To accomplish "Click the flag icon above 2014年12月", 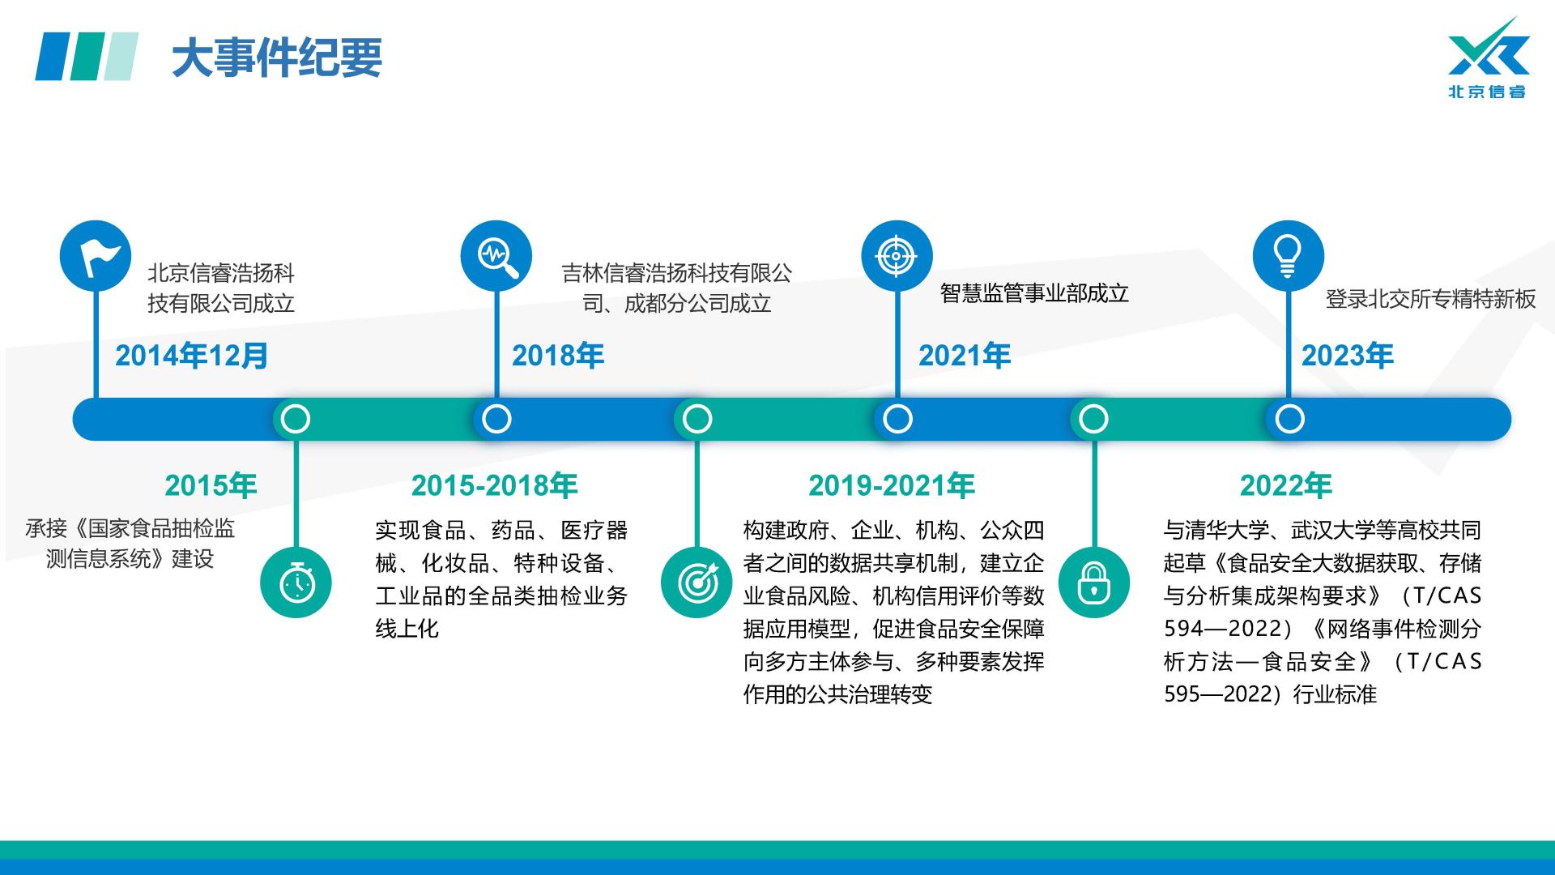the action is (96, 256).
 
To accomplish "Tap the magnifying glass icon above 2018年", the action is (496, 256).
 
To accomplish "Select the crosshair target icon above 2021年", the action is (897, 256).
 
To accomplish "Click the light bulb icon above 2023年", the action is (1289, 256).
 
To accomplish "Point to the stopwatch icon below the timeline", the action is (296, 583).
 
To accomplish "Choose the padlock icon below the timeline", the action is (1094, 583).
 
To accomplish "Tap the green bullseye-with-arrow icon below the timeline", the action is (697, 583).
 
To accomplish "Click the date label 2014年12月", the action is (191, 356).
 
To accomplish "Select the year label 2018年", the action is (558, 356).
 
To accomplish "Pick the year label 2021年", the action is (965, 356).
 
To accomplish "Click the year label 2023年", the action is (1348, 356).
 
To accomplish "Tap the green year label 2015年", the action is (211, 485).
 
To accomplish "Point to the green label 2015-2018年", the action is (494, 485).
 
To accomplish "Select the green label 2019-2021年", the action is (892, 485).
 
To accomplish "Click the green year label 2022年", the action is (1286, 485).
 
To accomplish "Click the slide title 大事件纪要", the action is (277, 58).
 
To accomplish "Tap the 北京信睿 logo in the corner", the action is (1488, 58).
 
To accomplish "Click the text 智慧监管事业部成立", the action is (1034, 293).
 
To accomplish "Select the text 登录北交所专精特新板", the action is (1430, 299).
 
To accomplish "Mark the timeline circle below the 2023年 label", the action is (1289, 419).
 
